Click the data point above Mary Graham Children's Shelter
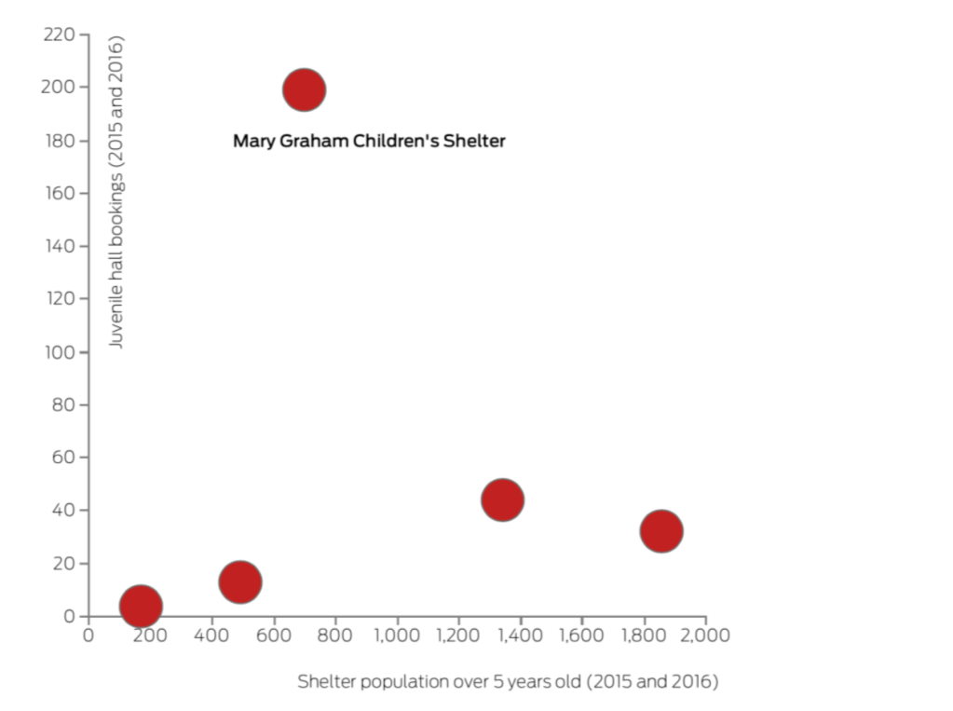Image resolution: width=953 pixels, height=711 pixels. coord(304,90)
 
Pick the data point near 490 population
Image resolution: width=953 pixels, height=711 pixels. coord(239,581)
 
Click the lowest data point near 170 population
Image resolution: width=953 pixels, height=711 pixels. coord(141,606)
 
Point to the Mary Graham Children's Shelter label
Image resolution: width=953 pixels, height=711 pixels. coord(369,142)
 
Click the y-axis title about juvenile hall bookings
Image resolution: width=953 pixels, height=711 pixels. coord(116,192)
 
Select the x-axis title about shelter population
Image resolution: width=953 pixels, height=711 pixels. coord(508,681)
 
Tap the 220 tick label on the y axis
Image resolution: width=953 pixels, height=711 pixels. coord(59,34)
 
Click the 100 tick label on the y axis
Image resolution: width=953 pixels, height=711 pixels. coord(59,352)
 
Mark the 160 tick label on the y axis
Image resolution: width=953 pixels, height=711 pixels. coord(59,194)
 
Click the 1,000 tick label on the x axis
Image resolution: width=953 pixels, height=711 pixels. coord(396,636)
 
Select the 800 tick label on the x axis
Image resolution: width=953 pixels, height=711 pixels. coord(334,636)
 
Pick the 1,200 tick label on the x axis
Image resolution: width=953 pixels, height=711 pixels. coord(457,636)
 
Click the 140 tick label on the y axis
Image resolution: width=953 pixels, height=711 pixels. coord(59,247)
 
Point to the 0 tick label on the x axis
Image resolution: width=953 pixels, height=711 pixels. coord(88,636)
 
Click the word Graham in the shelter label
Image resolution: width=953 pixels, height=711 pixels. coord(311,142)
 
